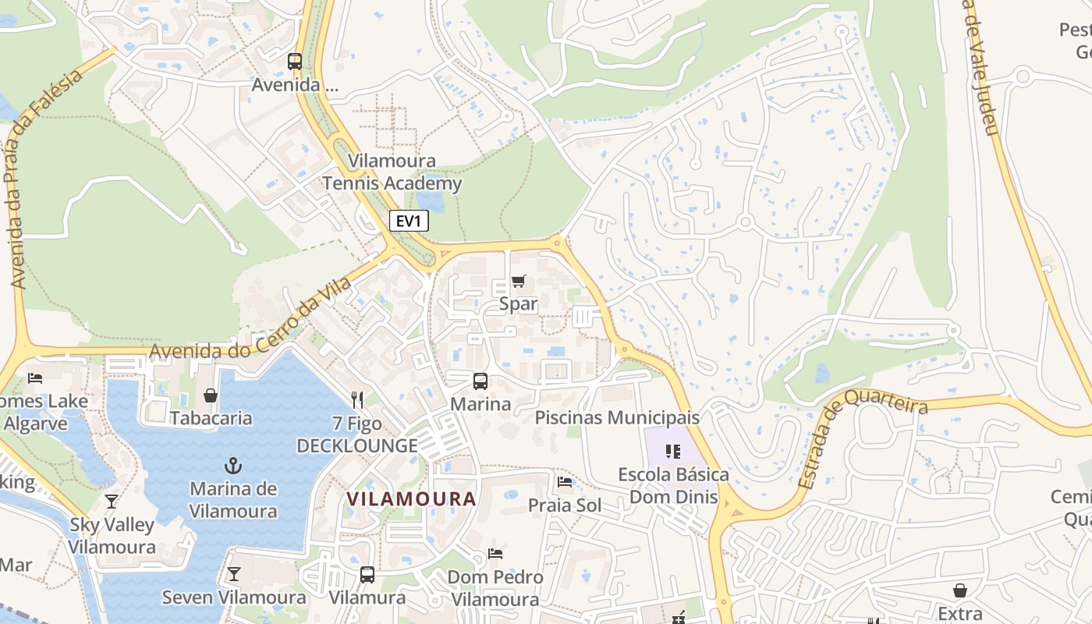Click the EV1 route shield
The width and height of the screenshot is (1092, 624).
[409, 221]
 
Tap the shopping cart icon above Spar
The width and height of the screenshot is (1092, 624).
[519, 281]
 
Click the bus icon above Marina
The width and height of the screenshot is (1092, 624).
[480, 381]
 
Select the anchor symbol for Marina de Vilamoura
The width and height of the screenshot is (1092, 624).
[233, 466]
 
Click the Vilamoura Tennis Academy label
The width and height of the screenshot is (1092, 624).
[392, 172]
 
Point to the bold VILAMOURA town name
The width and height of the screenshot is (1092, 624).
[411, 498]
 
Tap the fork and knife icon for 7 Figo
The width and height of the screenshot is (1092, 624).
[357, 400]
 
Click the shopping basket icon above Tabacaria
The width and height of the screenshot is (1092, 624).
[210, 395]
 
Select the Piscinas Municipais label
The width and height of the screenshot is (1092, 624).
[617, 417]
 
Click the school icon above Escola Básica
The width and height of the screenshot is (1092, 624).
[673, 452]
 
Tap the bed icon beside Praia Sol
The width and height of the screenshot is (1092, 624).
[565, 482]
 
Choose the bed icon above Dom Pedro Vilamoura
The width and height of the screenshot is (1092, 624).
[495, 554]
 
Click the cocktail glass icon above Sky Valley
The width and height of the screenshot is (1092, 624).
[112, 502]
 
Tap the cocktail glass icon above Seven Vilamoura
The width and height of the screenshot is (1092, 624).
[233, 575]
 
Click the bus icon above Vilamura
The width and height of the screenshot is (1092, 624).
[367, 575]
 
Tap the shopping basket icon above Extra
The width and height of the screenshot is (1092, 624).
[959, 591]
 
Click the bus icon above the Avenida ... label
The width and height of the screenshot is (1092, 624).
[295, 61]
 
